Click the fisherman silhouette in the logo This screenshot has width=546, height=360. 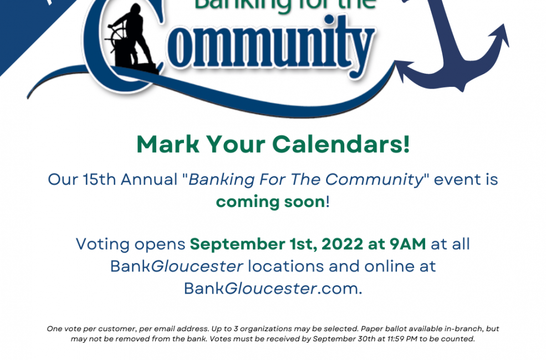134,38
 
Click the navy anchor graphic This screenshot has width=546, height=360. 453,45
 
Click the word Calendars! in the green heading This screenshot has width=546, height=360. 341,144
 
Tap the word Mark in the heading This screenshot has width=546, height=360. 168,144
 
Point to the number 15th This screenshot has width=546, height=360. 99,180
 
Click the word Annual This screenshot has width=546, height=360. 149,180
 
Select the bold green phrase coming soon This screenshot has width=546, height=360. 271,202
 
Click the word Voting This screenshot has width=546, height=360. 103,244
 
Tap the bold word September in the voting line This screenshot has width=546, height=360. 237,244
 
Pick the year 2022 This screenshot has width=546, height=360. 343,244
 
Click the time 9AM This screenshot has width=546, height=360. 408,244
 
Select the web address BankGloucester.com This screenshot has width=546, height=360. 273,289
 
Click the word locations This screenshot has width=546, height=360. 285,266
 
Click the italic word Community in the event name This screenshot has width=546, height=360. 374,180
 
